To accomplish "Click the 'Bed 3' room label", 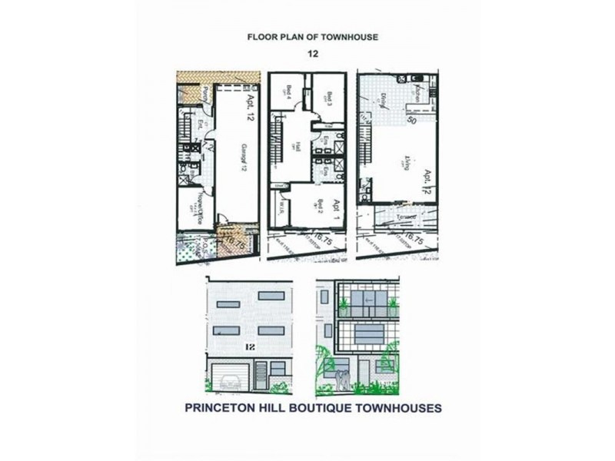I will point(329,98).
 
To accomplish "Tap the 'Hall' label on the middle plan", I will point(297,146).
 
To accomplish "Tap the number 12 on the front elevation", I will point(250,348).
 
